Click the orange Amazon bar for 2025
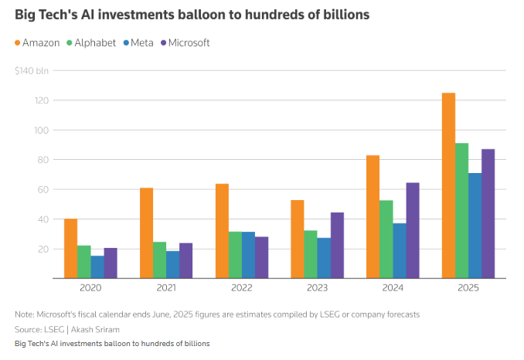(x=448, y=185)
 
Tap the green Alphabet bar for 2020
(x=83, y=262)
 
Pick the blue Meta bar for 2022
(x=248, y=255)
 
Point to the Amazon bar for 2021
(x=146, y=233)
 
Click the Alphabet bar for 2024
(x=386, y=239)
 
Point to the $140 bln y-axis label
(x=31, y=71)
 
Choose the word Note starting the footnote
(x=25, y=314)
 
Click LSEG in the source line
(x=53, y=328)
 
